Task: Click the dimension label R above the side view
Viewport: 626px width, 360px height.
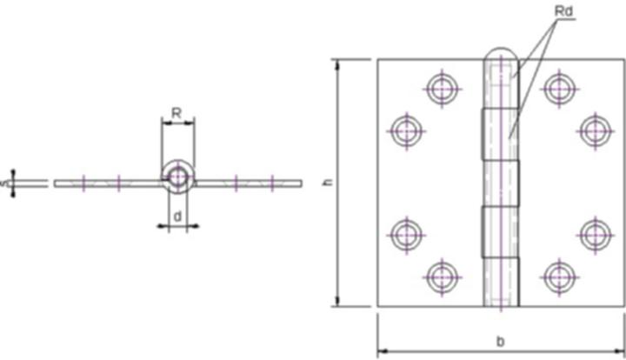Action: [x=176, y=112]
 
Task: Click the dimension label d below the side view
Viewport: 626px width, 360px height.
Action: [x=177, y=215]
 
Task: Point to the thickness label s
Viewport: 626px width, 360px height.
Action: [x=4, y=183]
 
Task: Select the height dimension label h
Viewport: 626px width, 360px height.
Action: [x=327, y=183]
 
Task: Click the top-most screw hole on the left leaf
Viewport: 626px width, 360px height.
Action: [x=443, y=88]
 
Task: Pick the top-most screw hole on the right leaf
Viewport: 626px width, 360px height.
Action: [x=558, y=88]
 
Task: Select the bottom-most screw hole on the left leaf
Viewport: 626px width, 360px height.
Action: [x=443, y=277]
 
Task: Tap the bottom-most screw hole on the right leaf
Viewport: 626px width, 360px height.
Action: [x=558, y=277]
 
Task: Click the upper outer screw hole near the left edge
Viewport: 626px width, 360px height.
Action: [x=405, y=131]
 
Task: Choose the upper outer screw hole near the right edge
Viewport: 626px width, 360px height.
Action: [x=596, y=131]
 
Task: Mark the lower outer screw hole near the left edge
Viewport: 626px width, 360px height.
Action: [x=405, y=234]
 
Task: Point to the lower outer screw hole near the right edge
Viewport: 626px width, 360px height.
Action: [x=596, y=234]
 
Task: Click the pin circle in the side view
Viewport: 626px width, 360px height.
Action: [x=178, y=177]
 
